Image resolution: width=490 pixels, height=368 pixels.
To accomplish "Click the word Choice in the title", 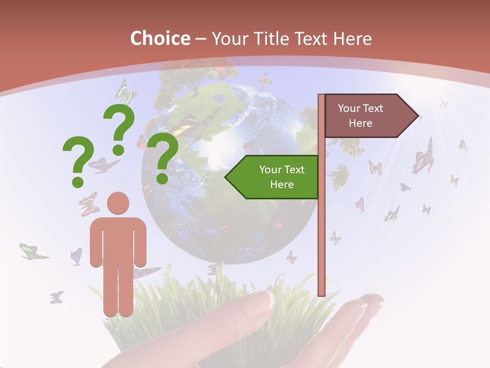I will pyautogui.click(x=160, y=38).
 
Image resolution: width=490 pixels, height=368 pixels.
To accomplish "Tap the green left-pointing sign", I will pyautogui.click(x=276, y=177).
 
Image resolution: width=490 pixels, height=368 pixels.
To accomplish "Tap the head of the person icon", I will pyautogui.click(x=118, y=203).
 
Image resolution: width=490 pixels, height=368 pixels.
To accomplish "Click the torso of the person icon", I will pyautogui.click(x=118, y=240).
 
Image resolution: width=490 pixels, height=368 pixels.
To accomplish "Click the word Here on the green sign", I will pyautogui.click(x=282, y=185).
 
